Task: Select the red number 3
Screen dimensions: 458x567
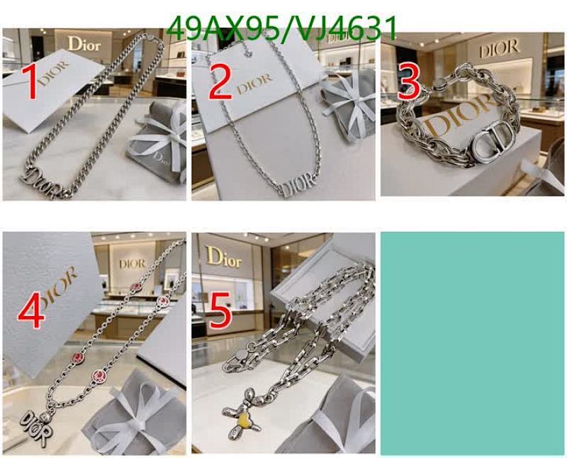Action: (409, 82)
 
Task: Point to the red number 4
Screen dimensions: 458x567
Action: (31, 312)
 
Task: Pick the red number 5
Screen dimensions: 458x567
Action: (220, 312)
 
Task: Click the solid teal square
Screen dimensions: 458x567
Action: (473, 343)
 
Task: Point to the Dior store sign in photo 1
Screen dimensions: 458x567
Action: (84, 43)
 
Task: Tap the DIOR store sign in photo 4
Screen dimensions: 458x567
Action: (132, 264)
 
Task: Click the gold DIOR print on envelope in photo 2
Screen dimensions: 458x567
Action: (254, 84)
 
